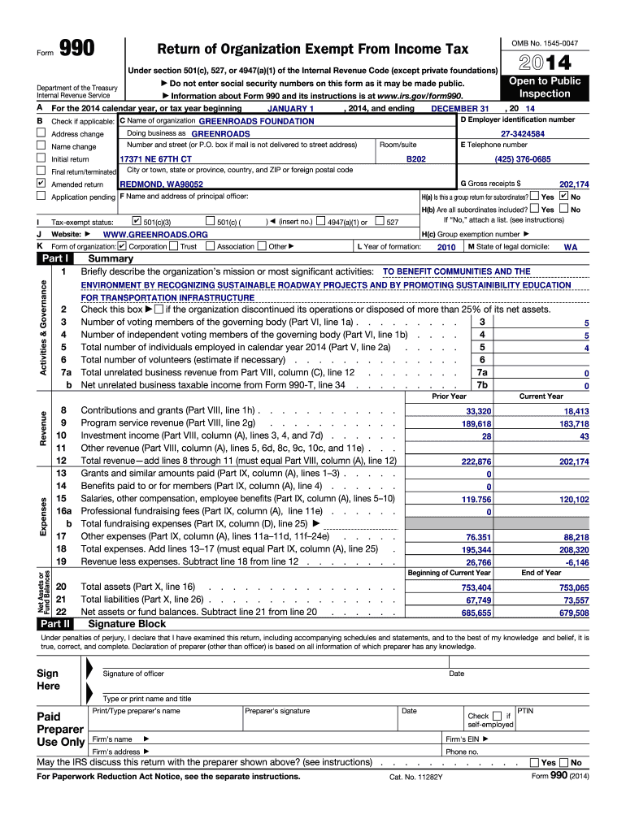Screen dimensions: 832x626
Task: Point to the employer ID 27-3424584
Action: coord(523,133)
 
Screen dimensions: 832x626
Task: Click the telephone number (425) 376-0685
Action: coord(523,159)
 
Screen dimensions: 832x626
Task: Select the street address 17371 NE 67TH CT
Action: coord(156,159)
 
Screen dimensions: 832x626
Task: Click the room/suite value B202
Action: coord(415,159)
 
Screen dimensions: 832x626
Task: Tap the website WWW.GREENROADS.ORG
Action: coord(150,234)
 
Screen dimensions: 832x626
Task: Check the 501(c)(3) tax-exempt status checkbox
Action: coord(137,221)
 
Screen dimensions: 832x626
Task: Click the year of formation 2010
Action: coord(446,247)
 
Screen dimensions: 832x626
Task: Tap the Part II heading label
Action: coord(55,624)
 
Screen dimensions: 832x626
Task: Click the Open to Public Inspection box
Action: coord(545,87)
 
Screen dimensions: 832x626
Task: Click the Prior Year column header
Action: coord(449,396)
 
